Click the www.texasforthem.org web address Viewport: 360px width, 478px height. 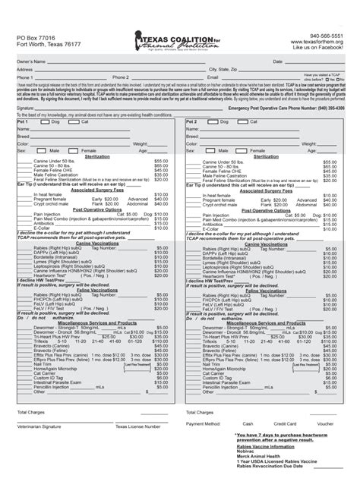pos(322,42)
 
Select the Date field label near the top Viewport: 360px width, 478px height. pos(278,61)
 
